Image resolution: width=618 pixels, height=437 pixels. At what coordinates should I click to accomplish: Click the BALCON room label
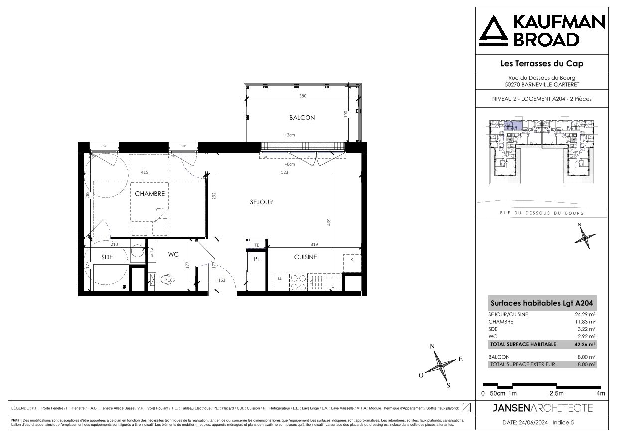(302, 118)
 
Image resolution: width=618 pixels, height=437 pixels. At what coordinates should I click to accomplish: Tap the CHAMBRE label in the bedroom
(150, 194)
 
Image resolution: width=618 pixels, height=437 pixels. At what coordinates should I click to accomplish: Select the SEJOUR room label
(261, 202)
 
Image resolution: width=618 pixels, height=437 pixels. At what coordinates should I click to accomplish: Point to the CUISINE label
(305, 257)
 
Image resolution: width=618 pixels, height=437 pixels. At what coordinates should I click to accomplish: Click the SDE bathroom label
(107, 257)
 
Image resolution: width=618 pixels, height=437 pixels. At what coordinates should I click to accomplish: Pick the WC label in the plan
(173, 254)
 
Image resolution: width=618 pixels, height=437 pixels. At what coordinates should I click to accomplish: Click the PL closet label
(257, 259)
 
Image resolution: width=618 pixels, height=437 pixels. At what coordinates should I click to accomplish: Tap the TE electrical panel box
(257, 245)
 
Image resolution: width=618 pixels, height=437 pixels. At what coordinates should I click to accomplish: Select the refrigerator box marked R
(352, 260)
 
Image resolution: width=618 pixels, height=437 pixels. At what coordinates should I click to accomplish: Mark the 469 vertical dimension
(329, 222)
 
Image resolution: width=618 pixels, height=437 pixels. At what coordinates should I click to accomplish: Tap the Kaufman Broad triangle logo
(493, 31)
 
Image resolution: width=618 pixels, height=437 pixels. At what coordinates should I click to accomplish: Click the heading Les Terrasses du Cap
(541, 63)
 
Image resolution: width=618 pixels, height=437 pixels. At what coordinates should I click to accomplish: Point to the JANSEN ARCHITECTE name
(542, 408)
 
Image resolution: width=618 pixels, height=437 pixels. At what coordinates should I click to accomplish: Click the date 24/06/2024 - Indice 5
(542, 423)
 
